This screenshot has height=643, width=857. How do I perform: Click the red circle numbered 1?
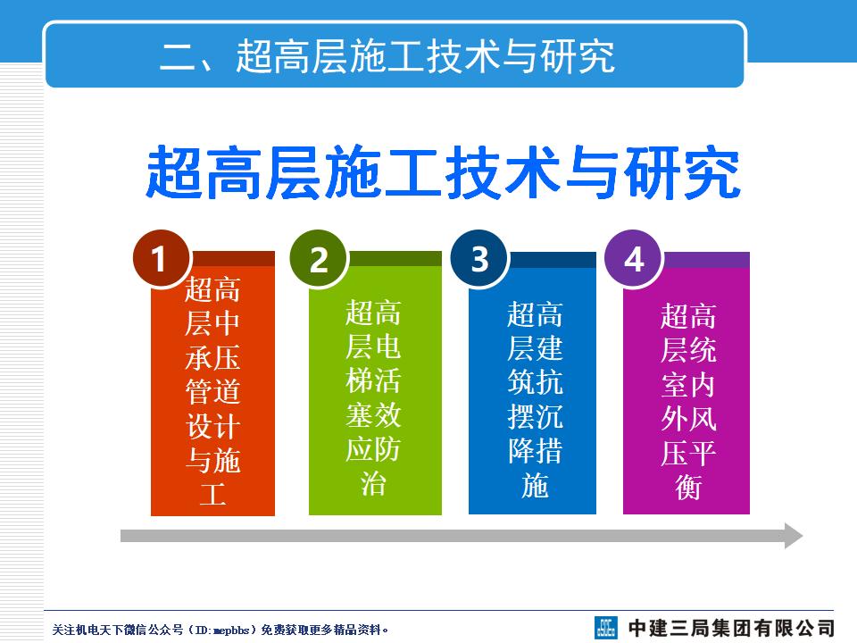click(x=161, y=260)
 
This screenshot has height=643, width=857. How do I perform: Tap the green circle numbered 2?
click(x=319, y=260)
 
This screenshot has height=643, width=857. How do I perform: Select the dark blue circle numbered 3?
click(x=479, y=259)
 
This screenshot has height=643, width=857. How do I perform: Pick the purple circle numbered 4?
click(x=634, y=260)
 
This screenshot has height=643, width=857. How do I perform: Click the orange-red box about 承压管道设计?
click(x=212, y=393)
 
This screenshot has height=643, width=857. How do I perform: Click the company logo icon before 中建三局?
click(x=607, y=627)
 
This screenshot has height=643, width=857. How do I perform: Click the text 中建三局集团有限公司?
click(x=731, y=627)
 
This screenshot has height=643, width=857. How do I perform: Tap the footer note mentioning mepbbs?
click(x=220, y=630)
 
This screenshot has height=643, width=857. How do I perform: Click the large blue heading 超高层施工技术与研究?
click(x=443, y=172)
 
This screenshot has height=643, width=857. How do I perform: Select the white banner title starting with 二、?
click(x=387, y=56)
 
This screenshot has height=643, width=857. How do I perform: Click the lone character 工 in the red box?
click(x=212, y=494)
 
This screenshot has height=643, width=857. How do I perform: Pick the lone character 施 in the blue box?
click(x=534, y=487)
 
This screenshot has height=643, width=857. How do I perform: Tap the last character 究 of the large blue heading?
click(x=715, y=172)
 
